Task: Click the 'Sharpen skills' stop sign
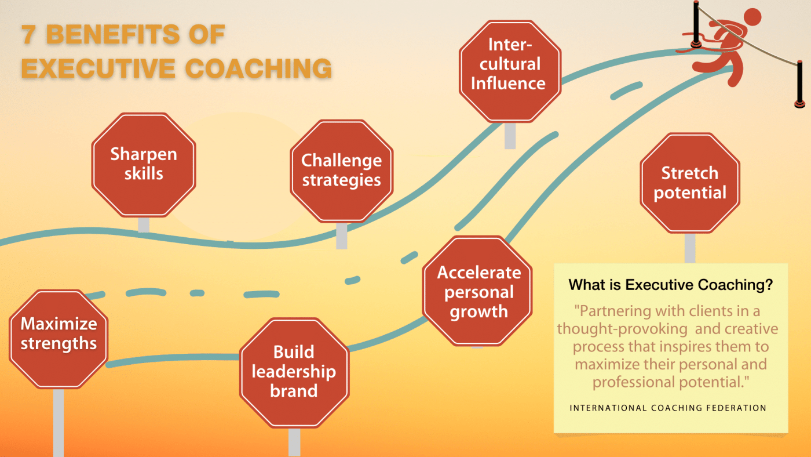point(144,164)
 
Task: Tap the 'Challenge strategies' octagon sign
point(341,171)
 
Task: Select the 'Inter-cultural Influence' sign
point(508,64)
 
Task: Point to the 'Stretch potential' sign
point(689,183)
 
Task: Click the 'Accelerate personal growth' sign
point(478,291)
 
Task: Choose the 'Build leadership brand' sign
point(294,371)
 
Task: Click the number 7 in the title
point(29,35)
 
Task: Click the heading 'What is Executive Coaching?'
point(671,285)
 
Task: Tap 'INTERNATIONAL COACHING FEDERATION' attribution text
point(668,408)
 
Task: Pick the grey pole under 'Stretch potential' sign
point(689,248)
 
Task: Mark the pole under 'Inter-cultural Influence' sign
point(510,136)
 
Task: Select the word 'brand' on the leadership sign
point(294,391)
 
